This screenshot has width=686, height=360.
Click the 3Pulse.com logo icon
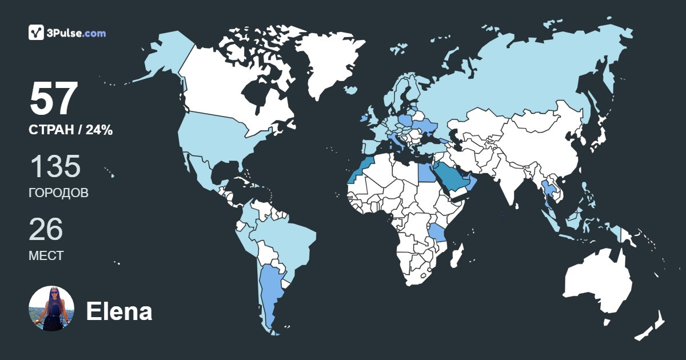point(36,33)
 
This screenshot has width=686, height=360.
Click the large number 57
point(53,99)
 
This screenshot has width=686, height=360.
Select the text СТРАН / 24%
point(70,130)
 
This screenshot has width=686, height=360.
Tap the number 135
point(55,166)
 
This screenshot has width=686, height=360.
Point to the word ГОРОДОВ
point(58,193)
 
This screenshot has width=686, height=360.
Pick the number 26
point(46,229)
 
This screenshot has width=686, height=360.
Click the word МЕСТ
point(46,255)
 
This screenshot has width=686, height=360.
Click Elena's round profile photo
point(51,309)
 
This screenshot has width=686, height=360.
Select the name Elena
point(119,311)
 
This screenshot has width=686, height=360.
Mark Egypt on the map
point(425,171)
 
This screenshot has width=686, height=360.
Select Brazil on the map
point(286,240)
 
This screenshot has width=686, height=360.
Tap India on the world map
point(506,177)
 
